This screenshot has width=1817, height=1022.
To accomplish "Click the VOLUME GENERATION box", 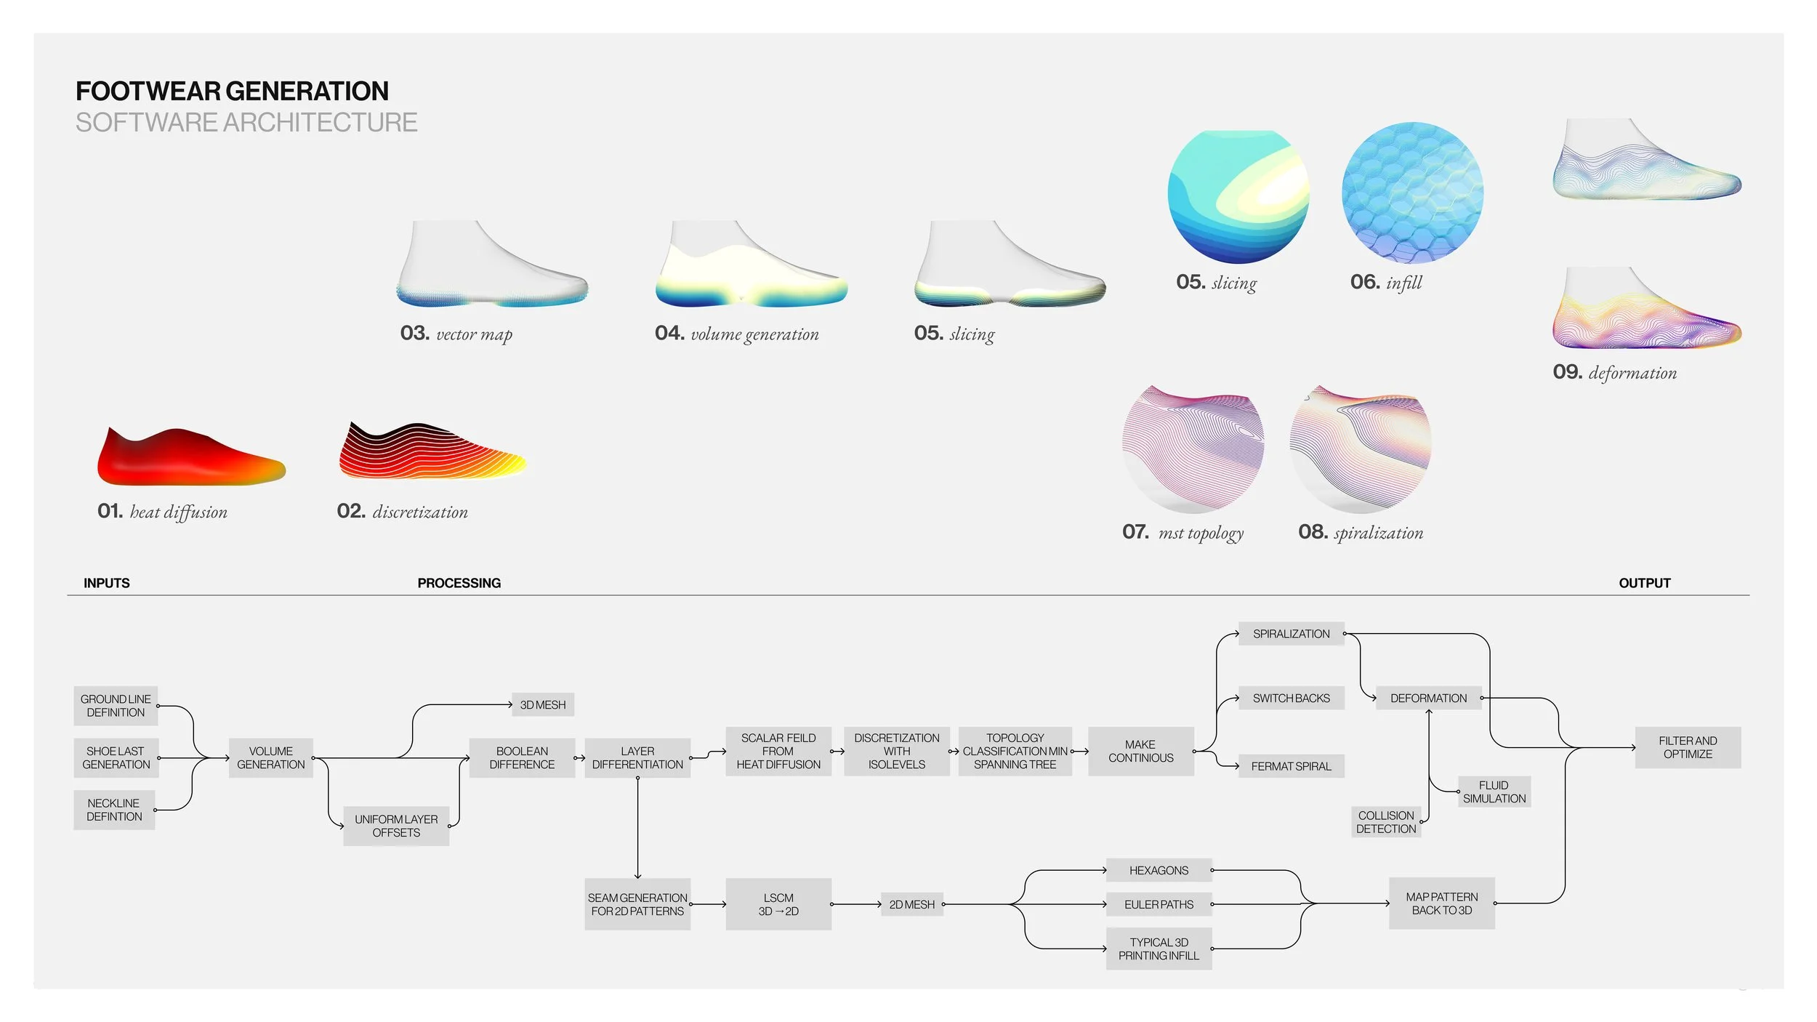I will click(x=270, y=757).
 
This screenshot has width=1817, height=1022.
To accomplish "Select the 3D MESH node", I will click(x=542, y=704).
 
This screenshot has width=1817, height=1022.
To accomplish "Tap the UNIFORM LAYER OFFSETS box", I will click(x=396, y=826).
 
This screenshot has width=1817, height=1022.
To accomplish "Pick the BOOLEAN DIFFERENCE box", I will click(x=522, y=757).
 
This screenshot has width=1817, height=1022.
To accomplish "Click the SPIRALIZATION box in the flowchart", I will click(x=1291, y=634).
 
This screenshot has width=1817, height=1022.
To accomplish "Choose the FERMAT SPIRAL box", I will click(x=1291, y=766).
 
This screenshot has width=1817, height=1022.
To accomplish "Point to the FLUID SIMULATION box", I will click(x=1494, y=792).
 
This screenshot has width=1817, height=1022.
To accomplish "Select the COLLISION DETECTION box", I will click(x=1385, y=822).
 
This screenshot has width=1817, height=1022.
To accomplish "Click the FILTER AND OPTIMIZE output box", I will click(x=1688, y=747).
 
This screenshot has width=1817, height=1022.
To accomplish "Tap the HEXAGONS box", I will click(x=1159, y=870).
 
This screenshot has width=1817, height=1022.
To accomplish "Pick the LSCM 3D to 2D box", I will click(x=778, y=904).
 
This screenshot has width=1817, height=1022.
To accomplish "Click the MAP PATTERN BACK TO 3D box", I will click(x=1441, y=904).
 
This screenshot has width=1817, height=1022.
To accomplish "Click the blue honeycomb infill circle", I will click(x=1412, y=193).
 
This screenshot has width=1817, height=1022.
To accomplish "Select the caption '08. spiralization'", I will click(x=1361, y=533).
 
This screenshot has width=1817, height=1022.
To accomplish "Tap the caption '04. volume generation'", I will click(x=736, y=334).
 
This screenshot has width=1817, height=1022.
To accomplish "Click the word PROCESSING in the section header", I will click(x=459, y=583).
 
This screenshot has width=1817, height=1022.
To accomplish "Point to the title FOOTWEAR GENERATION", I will click(x=232, y=91).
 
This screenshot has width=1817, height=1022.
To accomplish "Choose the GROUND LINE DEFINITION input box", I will click(x=116, y=706).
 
